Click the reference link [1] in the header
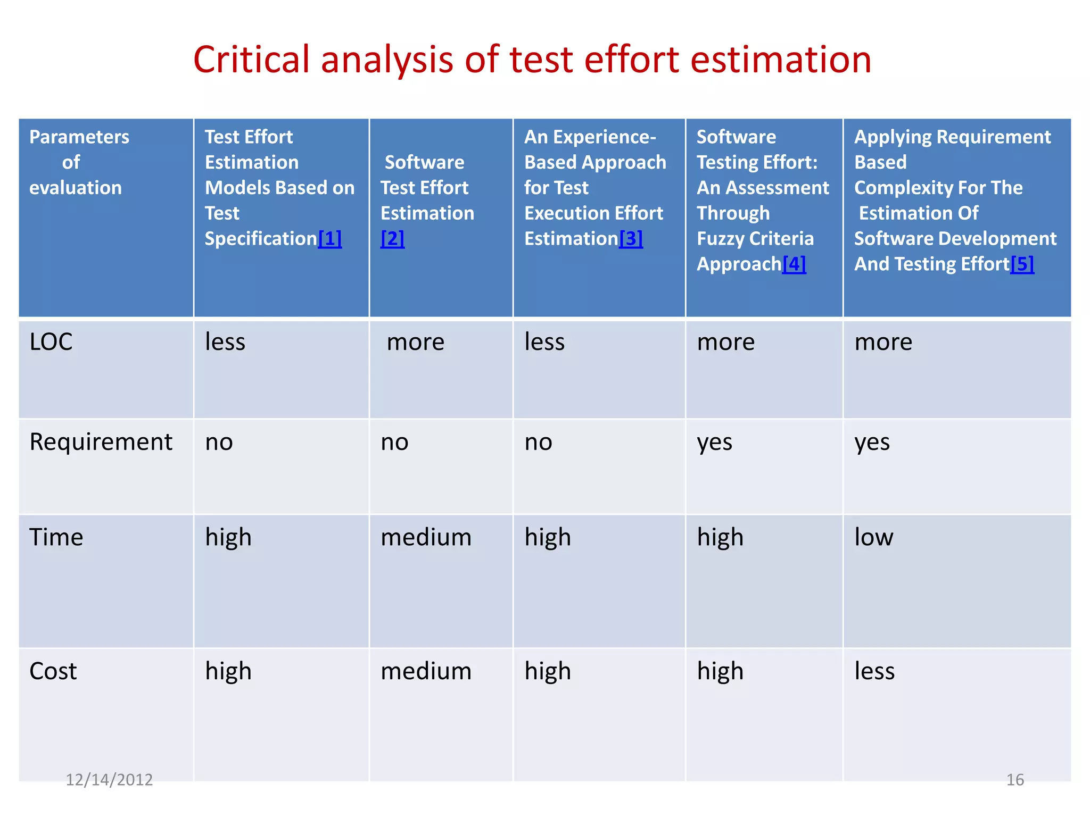(x=330, y=239)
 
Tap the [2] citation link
(x=392, y=239)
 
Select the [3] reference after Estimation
(x=631, y=239)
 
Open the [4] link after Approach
(x=794, y=264)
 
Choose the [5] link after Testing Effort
(x=1022, y=264)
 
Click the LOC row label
(x=51, y=342)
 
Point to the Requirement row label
(x=101, y=442)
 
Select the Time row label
(x=56, y=537)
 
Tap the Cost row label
(x=53, y=671)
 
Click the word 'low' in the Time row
(x=874, y=537)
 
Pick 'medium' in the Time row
(x=426, y=537)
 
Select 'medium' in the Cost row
(x=426, y=671)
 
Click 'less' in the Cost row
(x=874, y=671)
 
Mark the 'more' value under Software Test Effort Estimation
(x=415, y=342)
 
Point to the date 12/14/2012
(x=109, y=780)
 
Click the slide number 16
(x=1015, y=780)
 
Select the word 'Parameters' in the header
(x=79, y=137)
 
